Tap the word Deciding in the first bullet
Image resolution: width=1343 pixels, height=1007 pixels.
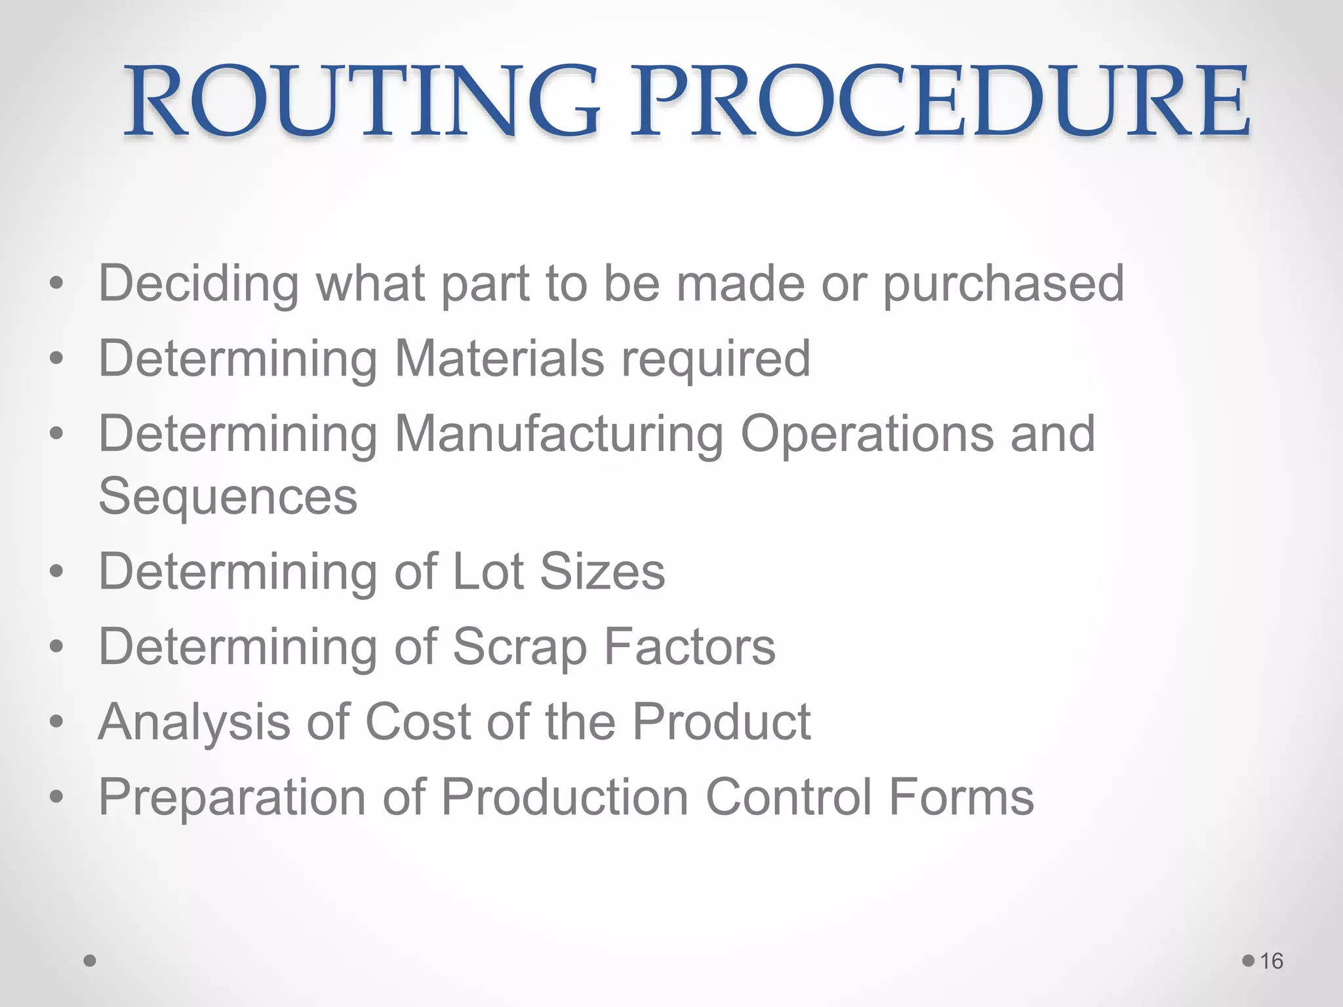point(199,284)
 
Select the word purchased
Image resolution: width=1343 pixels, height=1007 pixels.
point(1003,284)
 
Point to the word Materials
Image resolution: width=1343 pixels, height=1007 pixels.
point(499,359)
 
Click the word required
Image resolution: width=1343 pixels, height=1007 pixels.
point(716,359)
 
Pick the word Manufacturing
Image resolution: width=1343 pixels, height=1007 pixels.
point(559,434)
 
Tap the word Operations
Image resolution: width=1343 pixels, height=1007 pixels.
point(867,434)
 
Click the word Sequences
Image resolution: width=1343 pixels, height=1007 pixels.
point(228,496)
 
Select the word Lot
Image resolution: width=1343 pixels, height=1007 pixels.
point(488,572)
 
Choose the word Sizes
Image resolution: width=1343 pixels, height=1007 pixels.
point(602,572)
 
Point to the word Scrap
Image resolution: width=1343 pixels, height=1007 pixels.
point(519,647)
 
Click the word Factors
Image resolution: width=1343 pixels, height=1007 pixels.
point(689,647)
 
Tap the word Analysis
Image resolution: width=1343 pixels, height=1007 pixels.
point(193,722)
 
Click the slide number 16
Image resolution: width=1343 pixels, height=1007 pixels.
point(1272,961)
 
